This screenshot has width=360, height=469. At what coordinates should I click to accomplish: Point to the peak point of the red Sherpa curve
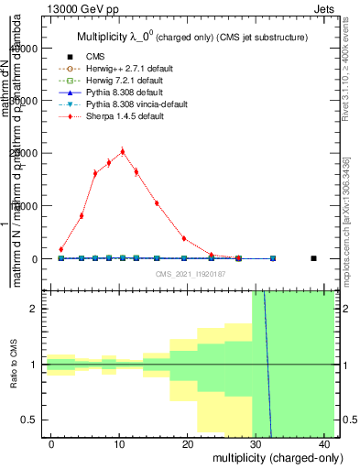(122, 151)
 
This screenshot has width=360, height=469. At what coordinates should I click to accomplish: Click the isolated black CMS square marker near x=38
(313, 258)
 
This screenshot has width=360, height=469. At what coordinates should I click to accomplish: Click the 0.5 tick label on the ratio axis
(31, 420)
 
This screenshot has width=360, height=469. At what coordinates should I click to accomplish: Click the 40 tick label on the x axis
(326, 444)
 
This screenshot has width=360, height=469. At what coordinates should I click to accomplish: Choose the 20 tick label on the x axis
(189, 444)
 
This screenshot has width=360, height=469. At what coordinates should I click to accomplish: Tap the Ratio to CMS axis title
(13, 365)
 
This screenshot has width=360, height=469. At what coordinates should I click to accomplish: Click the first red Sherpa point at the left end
(60, 249)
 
